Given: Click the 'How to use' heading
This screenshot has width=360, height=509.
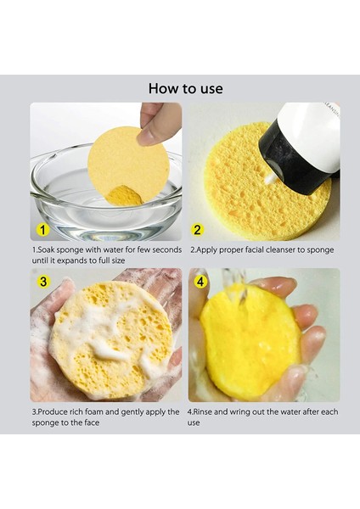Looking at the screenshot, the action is point(186,88).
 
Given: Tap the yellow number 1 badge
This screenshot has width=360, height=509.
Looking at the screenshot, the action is point(42,230).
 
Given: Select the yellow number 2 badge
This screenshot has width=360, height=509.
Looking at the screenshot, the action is point(197,230).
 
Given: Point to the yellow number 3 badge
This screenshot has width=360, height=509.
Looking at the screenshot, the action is point(43,282).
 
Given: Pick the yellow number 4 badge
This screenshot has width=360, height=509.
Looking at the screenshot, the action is point(200,282).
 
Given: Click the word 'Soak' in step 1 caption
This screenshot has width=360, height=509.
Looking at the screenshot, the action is point(47,250).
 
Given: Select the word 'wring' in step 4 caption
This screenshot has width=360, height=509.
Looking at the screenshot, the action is point(239,412).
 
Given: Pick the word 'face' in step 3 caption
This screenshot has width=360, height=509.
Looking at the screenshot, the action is point(92,422).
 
